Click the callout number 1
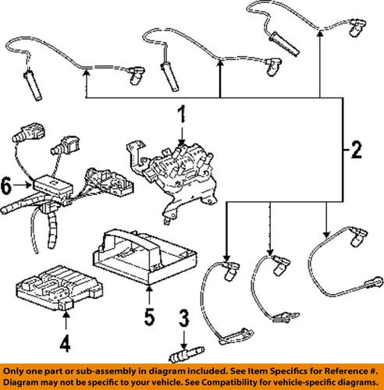click(182, 114)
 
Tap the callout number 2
click(356, 150)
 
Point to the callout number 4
click(65, 343)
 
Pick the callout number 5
click(149, 317)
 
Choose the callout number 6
click(6, 186)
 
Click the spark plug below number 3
click(187, 354)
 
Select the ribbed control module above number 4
click(59, 288)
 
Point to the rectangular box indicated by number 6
click(53, 184)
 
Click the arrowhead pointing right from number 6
click(28, 185)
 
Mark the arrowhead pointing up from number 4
click(66, 315)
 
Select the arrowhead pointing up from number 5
click(149, 289)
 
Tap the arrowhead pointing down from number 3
click(184, 346)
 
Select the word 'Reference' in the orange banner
click(344, 370)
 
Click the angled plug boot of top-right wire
click(357, 27)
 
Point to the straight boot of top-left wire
click(33, 85)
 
